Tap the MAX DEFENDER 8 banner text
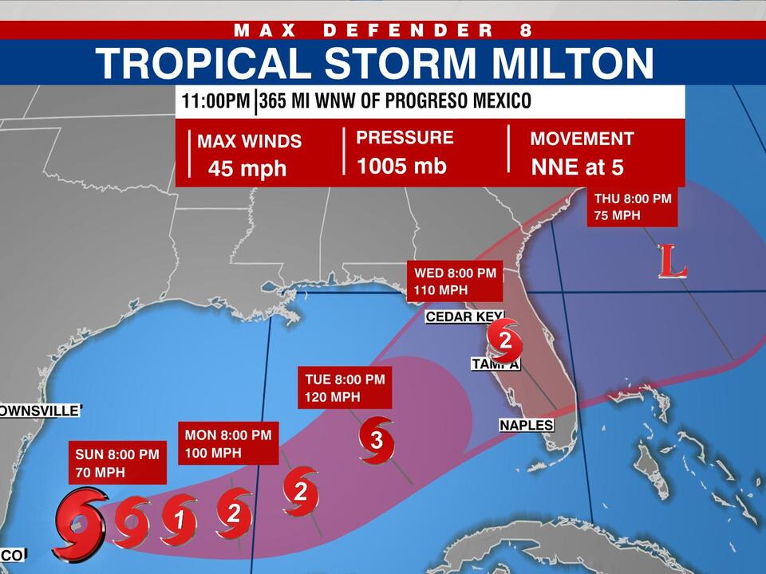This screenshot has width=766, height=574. [x=382, y=30]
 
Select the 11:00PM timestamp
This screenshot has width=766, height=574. [x=214, y=102]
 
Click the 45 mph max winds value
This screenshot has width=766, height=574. [x=247, y=168]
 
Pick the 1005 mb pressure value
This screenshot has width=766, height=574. [x=401, y=166]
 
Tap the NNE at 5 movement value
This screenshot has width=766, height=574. [x=577, y=168]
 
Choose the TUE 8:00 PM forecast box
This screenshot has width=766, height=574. [x=344, y=387]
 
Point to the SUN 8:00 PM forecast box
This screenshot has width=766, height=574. [x=117, y=462]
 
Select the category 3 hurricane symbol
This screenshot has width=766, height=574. [x=377, y=439]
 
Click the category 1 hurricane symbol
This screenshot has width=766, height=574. [x=180, y=521]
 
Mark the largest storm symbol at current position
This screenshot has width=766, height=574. [x=79, y=525]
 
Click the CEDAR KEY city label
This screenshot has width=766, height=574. [x=464, y=317]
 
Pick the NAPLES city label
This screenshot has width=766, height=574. [x=527, y=426]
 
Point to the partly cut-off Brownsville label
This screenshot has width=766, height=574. [x=40, y=411]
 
